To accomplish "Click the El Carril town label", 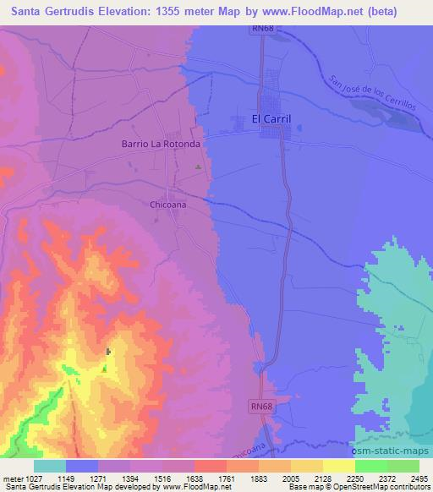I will coord(271,119).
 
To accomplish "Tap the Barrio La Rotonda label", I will coord(160,145).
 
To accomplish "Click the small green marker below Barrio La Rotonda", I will coord(199,167).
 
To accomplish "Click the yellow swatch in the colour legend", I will coord(338,466).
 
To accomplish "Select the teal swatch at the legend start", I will coord(50,466).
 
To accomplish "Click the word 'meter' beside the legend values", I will coord(11,478).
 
